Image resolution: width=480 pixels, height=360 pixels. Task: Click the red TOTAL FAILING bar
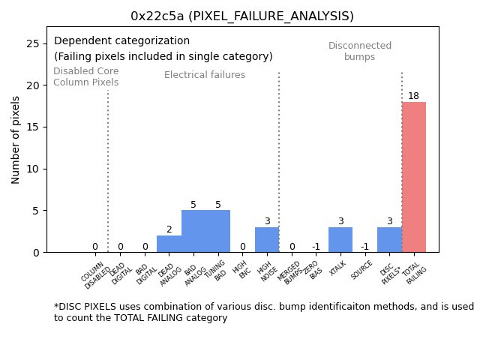click(413, 177)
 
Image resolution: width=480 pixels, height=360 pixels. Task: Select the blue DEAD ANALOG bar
click(169, 244)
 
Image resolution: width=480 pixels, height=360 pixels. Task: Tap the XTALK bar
click(340, 240)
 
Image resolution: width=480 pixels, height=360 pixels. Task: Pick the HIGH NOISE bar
click(267, 240)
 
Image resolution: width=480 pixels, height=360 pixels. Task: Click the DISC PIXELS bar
click(389, 240)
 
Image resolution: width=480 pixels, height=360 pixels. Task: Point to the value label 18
click(413, 96)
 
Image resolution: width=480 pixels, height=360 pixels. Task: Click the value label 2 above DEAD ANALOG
click(169, 229)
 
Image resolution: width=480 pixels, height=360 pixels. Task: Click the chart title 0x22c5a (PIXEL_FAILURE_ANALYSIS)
click(242, 16)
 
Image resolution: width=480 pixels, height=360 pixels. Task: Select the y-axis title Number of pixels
click(16, 139)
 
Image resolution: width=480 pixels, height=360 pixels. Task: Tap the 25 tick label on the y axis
click(33, 44)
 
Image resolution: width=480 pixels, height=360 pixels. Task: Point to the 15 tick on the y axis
click(33, 127)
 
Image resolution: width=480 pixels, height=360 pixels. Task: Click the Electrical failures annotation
click(205, 75)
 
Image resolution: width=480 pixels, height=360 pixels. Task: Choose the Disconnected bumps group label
click(360, 52)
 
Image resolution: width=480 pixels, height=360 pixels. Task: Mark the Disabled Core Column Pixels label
click(85, 77)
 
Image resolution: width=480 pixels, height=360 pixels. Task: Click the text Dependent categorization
click(121, 41)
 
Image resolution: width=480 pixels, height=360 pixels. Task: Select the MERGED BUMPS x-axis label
click(289, 273)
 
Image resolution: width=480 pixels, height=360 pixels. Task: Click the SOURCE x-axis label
click(362, 271)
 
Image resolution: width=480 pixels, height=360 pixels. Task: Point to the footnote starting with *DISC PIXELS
click(263, 312)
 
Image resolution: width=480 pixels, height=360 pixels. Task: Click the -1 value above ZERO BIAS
click(316, 247)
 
